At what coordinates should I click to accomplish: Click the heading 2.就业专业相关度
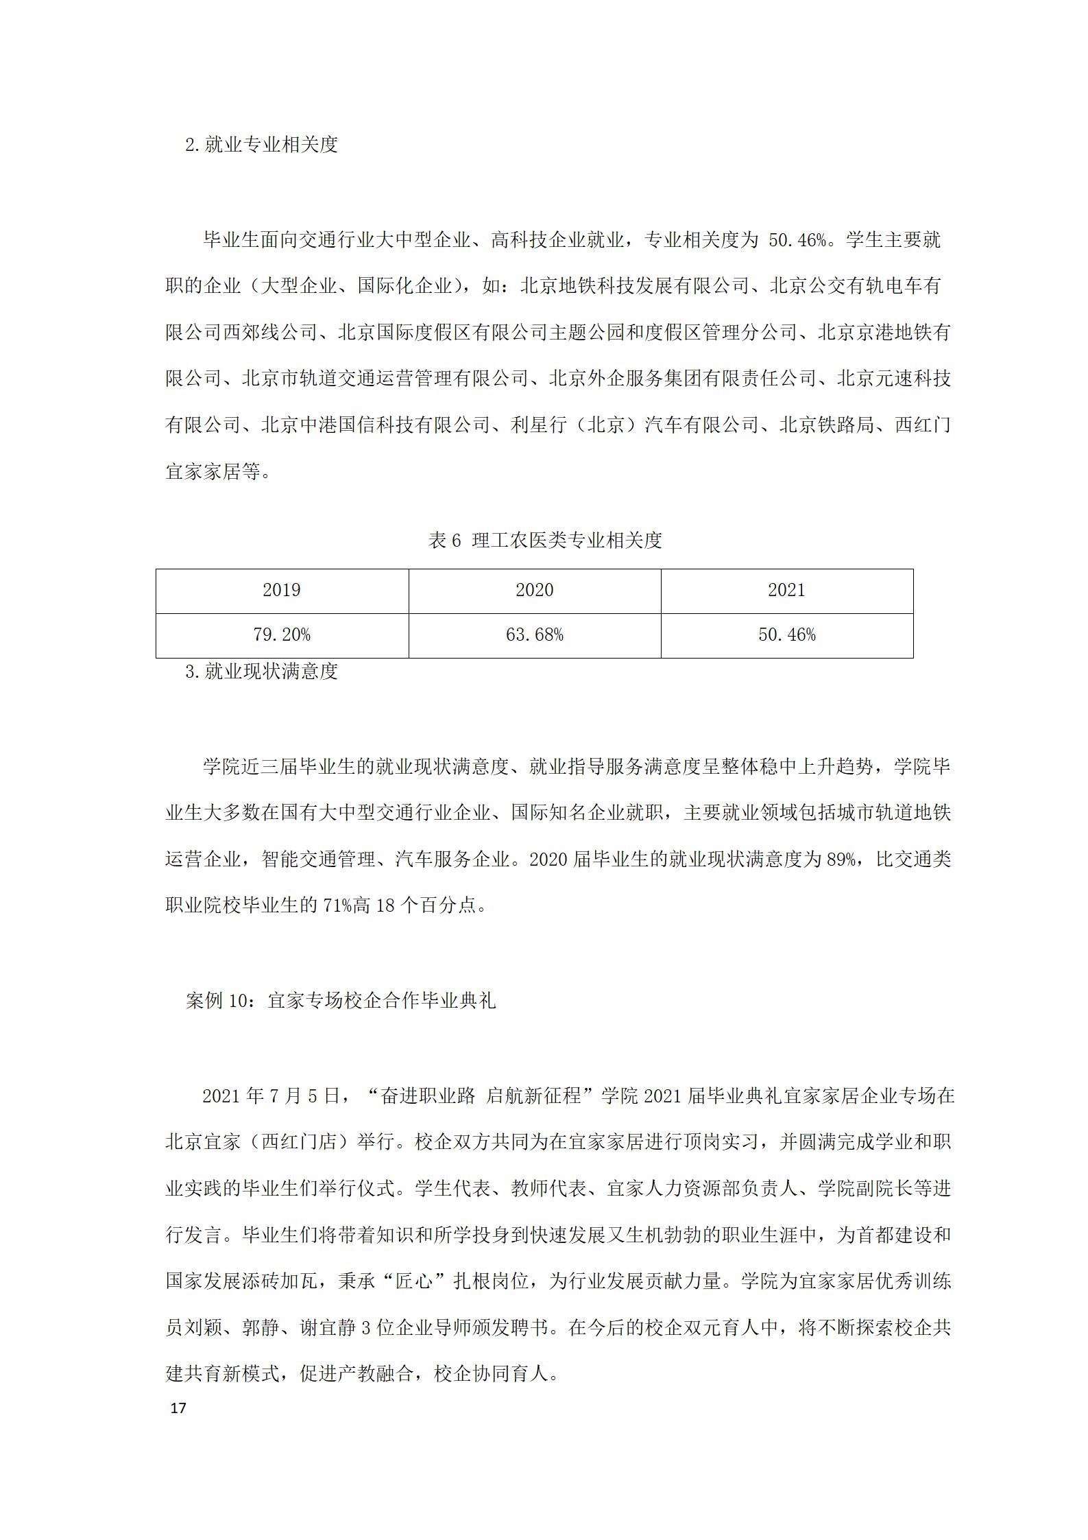click(262, 145)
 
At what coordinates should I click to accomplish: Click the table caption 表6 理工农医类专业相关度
click(545, 541)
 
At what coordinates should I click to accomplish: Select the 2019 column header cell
click(282, 591)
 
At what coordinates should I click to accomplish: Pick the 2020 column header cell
click(535, 591)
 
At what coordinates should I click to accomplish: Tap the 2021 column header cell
click(786, 591)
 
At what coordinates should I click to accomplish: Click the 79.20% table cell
click(282, 635)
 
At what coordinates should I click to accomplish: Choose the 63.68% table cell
click(535, 635)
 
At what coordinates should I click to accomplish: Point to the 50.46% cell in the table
click(786, 635)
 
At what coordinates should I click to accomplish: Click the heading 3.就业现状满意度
click(262, 672)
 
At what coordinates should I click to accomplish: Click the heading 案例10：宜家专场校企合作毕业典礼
click(341, 1001)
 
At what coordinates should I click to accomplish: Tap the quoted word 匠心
click(415, 1281)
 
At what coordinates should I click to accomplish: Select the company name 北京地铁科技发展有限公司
click(635, 285)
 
